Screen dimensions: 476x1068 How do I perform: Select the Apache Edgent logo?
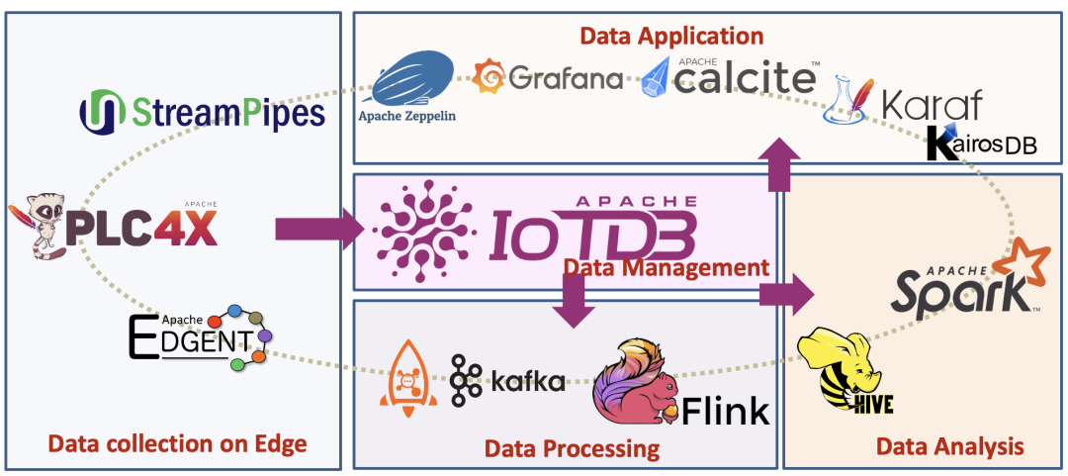tap(198, 336)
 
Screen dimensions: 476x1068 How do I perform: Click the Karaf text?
tap(932, 104)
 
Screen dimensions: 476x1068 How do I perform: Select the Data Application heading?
tap(671, 36)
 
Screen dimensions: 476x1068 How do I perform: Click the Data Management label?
tap(666, 267)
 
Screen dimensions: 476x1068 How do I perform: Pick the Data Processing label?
tap(572, 448)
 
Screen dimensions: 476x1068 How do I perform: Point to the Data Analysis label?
tap(949, 446)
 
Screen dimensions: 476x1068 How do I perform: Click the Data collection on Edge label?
tap(178, 444)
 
